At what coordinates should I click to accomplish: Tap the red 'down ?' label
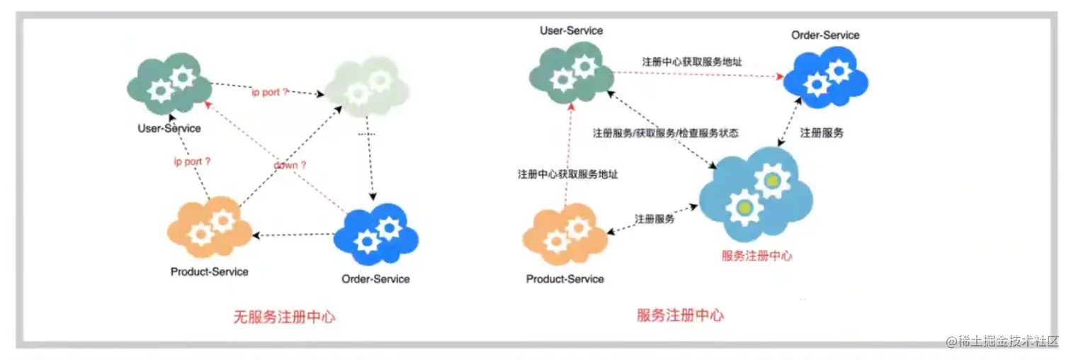[290, 164]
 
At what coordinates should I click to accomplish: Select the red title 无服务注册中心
[284, 317]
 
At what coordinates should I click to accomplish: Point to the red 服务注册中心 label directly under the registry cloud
[756, 256]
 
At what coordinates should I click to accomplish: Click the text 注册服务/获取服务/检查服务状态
[666, 133]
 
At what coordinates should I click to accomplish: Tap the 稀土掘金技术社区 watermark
[1001, 341]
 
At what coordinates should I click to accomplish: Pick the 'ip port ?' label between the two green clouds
[271, 92]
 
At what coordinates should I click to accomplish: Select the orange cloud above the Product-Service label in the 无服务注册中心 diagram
[210, 228]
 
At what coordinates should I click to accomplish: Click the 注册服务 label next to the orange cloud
[654, 219]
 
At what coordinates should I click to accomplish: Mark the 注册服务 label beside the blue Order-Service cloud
[822, 133]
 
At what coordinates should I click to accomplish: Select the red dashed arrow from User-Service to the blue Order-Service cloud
[698, 74]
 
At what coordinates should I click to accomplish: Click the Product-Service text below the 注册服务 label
[565, 279]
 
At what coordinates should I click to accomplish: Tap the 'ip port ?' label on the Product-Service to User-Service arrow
[193, 162]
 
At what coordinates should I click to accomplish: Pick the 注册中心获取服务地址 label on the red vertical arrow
[567, 174]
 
